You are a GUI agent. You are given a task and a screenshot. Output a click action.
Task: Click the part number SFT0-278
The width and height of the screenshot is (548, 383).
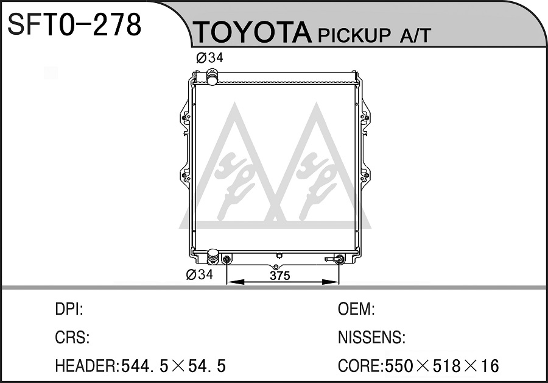[74, 24]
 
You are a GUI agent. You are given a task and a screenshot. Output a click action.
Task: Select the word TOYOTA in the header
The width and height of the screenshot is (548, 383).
[252, 32]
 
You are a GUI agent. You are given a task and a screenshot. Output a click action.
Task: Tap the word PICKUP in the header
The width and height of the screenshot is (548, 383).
[354, 35]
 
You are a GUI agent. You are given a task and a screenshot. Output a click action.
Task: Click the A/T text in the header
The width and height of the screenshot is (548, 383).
[415, 35]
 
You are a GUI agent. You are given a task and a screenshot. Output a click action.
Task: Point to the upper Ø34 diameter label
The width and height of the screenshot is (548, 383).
[209, 57]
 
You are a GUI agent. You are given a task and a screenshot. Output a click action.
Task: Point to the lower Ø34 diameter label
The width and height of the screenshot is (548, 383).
[199, 274]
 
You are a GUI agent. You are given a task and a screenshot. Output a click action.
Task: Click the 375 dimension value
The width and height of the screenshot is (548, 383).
[280, 276]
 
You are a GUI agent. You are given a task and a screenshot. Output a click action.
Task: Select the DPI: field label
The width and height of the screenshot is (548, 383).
[69, 309]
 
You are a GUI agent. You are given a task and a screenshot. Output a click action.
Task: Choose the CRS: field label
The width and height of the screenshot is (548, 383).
[72, 337]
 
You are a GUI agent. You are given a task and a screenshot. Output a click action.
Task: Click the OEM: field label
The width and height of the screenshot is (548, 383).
[356, 309]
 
